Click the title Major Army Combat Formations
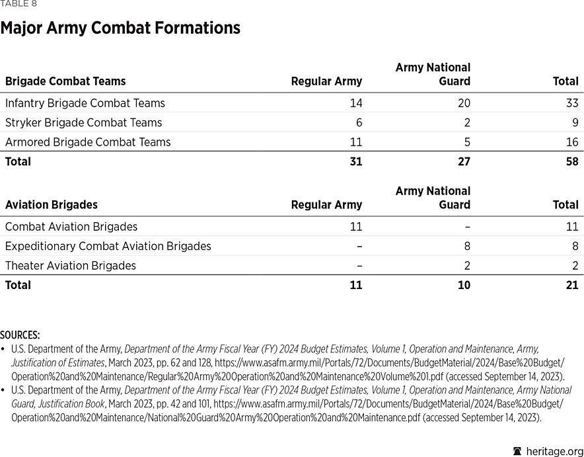tap(120, 28)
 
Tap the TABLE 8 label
tap(18, 4)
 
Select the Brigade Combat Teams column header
tap(65, 81)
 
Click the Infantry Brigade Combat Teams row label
tap(85, 103)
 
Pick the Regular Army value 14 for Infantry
tap(355, 103)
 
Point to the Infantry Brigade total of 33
tap(571, 103)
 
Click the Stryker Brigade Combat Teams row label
tap(83, 122)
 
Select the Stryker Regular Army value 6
tap(359, 122)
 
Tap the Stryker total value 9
tap(575, 122)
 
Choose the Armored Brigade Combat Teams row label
tap(88, 142)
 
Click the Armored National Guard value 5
tap(467, 142)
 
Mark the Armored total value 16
tap(571, 142)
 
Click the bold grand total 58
tap(571, 161)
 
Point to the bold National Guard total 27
tap(464, 161)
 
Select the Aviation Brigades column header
tap(51, 205)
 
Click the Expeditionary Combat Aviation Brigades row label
tap(108, 246)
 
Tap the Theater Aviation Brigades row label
tap(70, 266)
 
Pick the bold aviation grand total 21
tap(571, 285)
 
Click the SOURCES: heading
tap(20, 335)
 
